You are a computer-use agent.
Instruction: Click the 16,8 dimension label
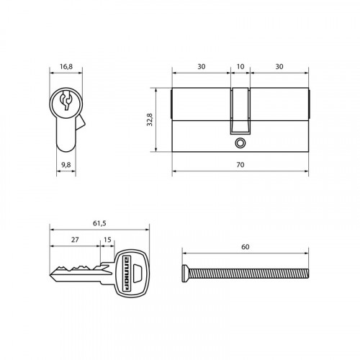[x=66, y=66]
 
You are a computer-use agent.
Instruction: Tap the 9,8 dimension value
[x=66, y=165]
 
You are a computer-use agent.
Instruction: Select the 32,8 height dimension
[x=150, y=120]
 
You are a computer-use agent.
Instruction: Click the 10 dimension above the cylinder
[x=240, y=66]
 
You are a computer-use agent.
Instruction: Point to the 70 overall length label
[x=240, y=165]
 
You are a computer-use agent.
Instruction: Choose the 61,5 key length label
[x=99, y=223]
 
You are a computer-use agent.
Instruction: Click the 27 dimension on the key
[x=75, y=240]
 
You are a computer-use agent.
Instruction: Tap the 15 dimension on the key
[x=107, y=240]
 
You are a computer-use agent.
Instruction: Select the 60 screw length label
[x=245, y=247]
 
